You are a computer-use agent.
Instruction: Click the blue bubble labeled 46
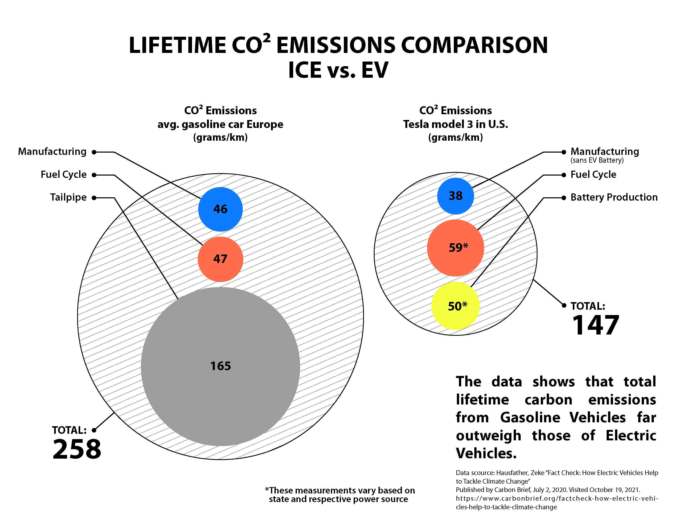pyautogui.click(x=220, y=209)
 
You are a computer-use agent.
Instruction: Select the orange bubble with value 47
pyautogui.click(x=220, y=259)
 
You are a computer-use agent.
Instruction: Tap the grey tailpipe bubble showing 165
pyautogui.click(x=220, y=367)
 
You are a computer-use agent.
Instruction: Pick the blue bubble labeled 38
pyautogui.click(x=455, y=196)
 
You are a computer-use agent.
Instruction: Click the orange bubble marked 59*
pyautogui.click(x=455, y=248)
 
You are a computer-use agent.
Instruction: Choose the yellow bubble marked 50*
pyautogui.click(x=455, y=306)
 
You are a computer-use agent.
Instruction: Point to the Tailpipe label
pyautogui.click(x=68, y=197)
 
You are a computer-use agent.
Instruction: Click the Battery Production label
pyautogui.click(x=614, y=197)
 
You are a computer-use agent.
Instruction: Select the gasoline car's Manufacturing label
pyautogui.click(x=52, y=152)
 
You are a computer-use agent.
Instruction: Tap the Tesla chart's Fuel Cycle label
pyautogui.click(x=593, y=175)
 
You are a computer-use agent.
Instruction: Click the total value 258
pyautogui.click(x=77, y=449)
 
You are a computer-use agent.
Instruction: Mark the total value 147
pyautogui.click(x=596, y=325)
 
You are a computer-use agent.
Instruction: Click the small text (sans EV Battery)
pyautogui.click(x=597, y=160)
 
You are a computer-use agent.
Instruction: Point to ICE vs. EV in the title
pyautogui.click(x=338, y=70)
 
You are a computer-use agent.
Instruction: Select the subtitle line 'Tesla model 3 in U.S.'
pyautogui.click(x=455, y=124)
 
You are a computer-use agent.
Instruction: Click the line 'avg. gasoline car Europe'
pyautogui.click(x=220, y=124)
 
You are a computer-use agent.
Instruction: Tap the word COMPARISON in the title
pyautogui.click(x=475, y=45)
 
